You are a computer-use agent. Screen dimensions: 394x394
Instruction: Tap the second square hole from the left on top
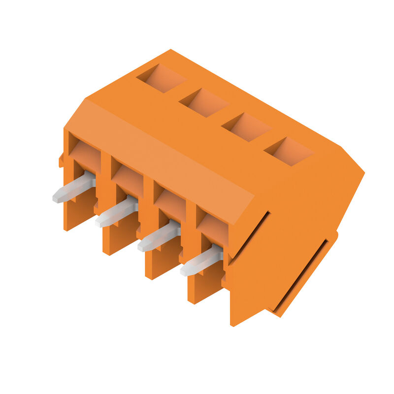(204, 102)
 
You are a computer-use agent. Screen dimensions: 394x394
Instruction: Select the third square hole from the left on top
(246, 127)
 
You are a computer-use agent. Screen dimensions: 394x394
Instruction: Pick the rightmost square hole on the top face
(289, 151)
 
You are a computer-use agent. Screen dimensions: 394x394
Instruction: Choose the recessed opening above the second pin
(127, 179)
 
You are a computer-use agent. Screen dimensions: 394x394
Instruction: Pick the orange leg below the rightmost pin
(201, 288)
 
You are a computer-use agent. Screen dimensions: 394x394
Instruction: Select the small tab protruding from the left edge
(61, 160)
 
